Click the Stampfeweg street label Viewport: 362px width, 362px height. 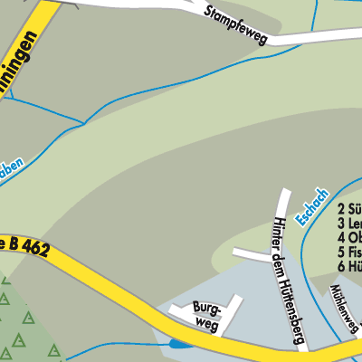tap(240, 23)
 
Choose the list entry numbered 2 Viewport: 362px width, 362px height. tap(349, 209)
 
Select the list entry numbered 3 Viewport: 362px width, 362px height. tap(349, 224)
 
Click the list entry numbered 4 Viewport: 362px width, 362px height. tap(349, 238)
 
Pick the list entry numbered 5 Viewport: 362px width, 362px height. tap(349, 252)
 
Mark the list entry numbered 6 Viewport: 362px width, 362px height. tap(349, 266)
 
